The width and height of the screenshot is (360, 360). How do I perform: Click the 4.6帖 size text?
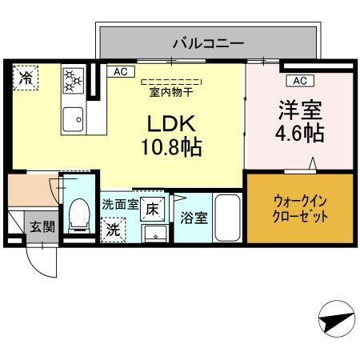click(300, 132)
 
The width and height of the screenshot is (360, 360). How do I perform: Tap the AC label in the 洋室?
click(297, 81)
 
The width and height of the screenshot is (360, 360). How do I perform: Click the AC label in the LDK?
click(120, 72)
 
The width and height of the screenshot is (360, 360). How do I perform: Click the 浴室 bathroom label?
click(192, 217)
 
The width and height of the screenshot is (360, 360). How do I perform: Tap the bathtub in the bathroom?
click(229, 217)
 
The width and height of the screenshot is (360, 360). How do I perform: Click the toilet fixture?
click(78, 214)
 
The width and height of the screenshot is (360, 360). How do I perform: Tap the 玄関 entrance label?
click(42, 226)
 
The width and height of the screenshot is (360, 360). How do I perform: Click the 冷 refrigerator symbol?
click(26, 78)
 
